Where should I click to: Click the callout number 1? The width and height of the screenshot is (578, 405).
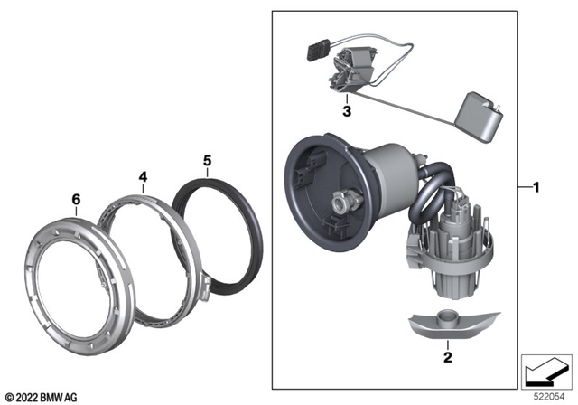(x=536, y=189)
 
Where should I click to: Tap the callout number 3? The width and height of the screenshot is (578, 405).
(x=346, y=111)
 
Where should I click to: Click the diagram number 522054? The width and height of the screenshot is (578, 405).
(x=549, y=396)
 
